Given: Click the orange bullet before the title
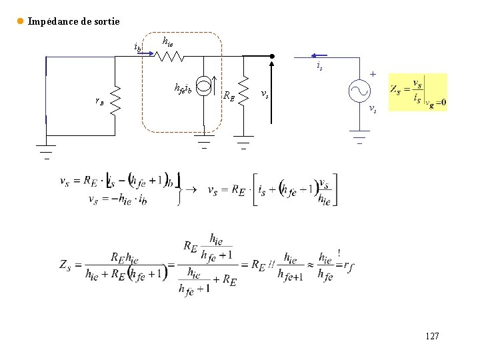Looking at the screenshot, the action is (20, 21).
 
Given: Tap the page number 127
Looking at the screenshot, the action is (432, 337).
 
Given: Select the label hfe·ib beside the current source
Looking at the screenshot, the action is (183, 87).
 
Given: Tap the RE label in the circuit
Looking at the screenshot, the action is (229, 95).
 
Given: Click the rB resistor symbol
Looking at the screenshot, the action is (114, 100).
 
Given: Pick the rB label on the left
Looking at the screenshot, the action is (99, 101).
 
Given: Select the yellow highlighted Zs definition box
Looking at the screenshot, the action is (417, 92).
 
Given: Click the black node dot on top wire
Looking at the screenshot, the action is (272, 57).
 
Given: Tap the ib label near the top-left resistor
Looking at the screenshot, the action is (137, 47).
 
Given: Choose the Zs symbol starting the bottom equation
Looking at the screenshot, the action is (65, 265).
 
